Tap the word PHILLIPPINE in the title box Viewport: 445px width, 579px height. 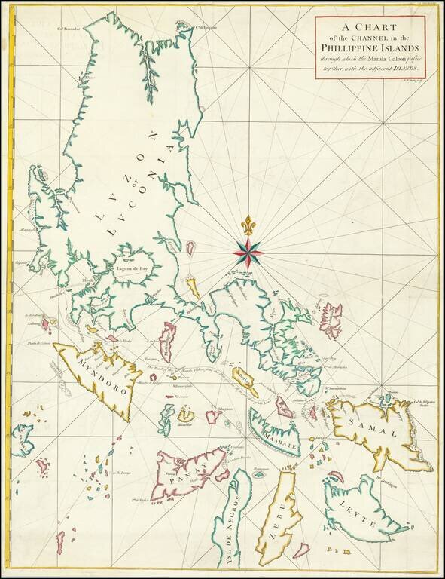click(356, 51)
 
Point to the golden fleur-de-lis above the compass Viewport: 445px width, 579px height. click(248, 224)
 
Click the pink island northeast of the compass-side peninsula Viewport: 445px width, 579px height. click(331, 319)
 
